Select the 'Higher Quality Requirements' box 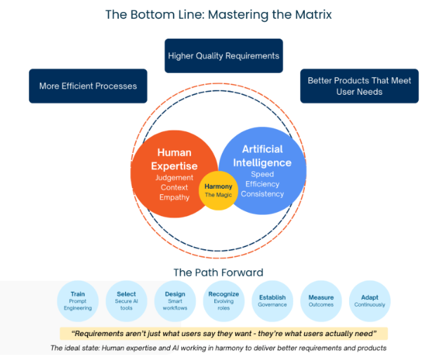[x=223, y=55]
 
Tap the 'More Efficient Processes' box [x=88, y=86]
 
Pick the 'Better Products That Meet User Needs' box [x=359, y=86]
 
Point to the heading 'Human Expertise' [x=174, y=159]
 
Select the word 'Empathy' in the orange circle [x=174, y=197]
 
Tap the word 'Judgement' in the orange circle [x=174, y=178]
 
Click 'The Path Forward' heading [x=218, y=272]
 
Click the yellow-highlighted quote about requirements [x=223, y=334]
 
